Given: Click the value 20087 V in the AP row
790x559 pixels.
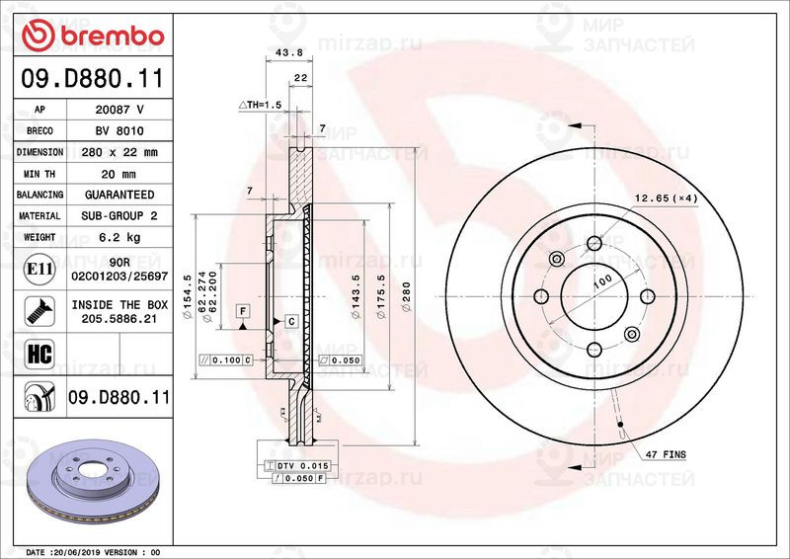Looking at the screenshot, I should click(119, 111).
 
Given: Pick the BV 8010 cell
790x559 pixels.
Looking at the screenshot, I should click(119, 131).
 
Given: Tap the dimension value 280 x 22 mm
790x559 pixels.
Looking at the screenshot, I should click(119, 153).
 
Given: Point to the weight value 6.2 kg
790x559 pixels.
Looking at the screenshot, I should click(119, 237).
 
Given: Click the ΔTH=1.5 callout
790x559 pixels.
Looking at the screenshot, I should click(260, 104).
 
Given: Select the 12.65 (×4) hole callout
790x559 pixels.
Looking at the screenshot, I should click(667, 199).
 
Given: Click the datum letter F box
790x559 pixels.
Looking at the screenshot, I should click(241, 311).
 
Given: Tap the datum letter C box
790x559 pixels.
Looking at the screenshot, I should click(292, 322).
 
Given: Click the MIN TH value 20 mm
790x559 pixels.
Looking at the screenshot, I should click(119, 174).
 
